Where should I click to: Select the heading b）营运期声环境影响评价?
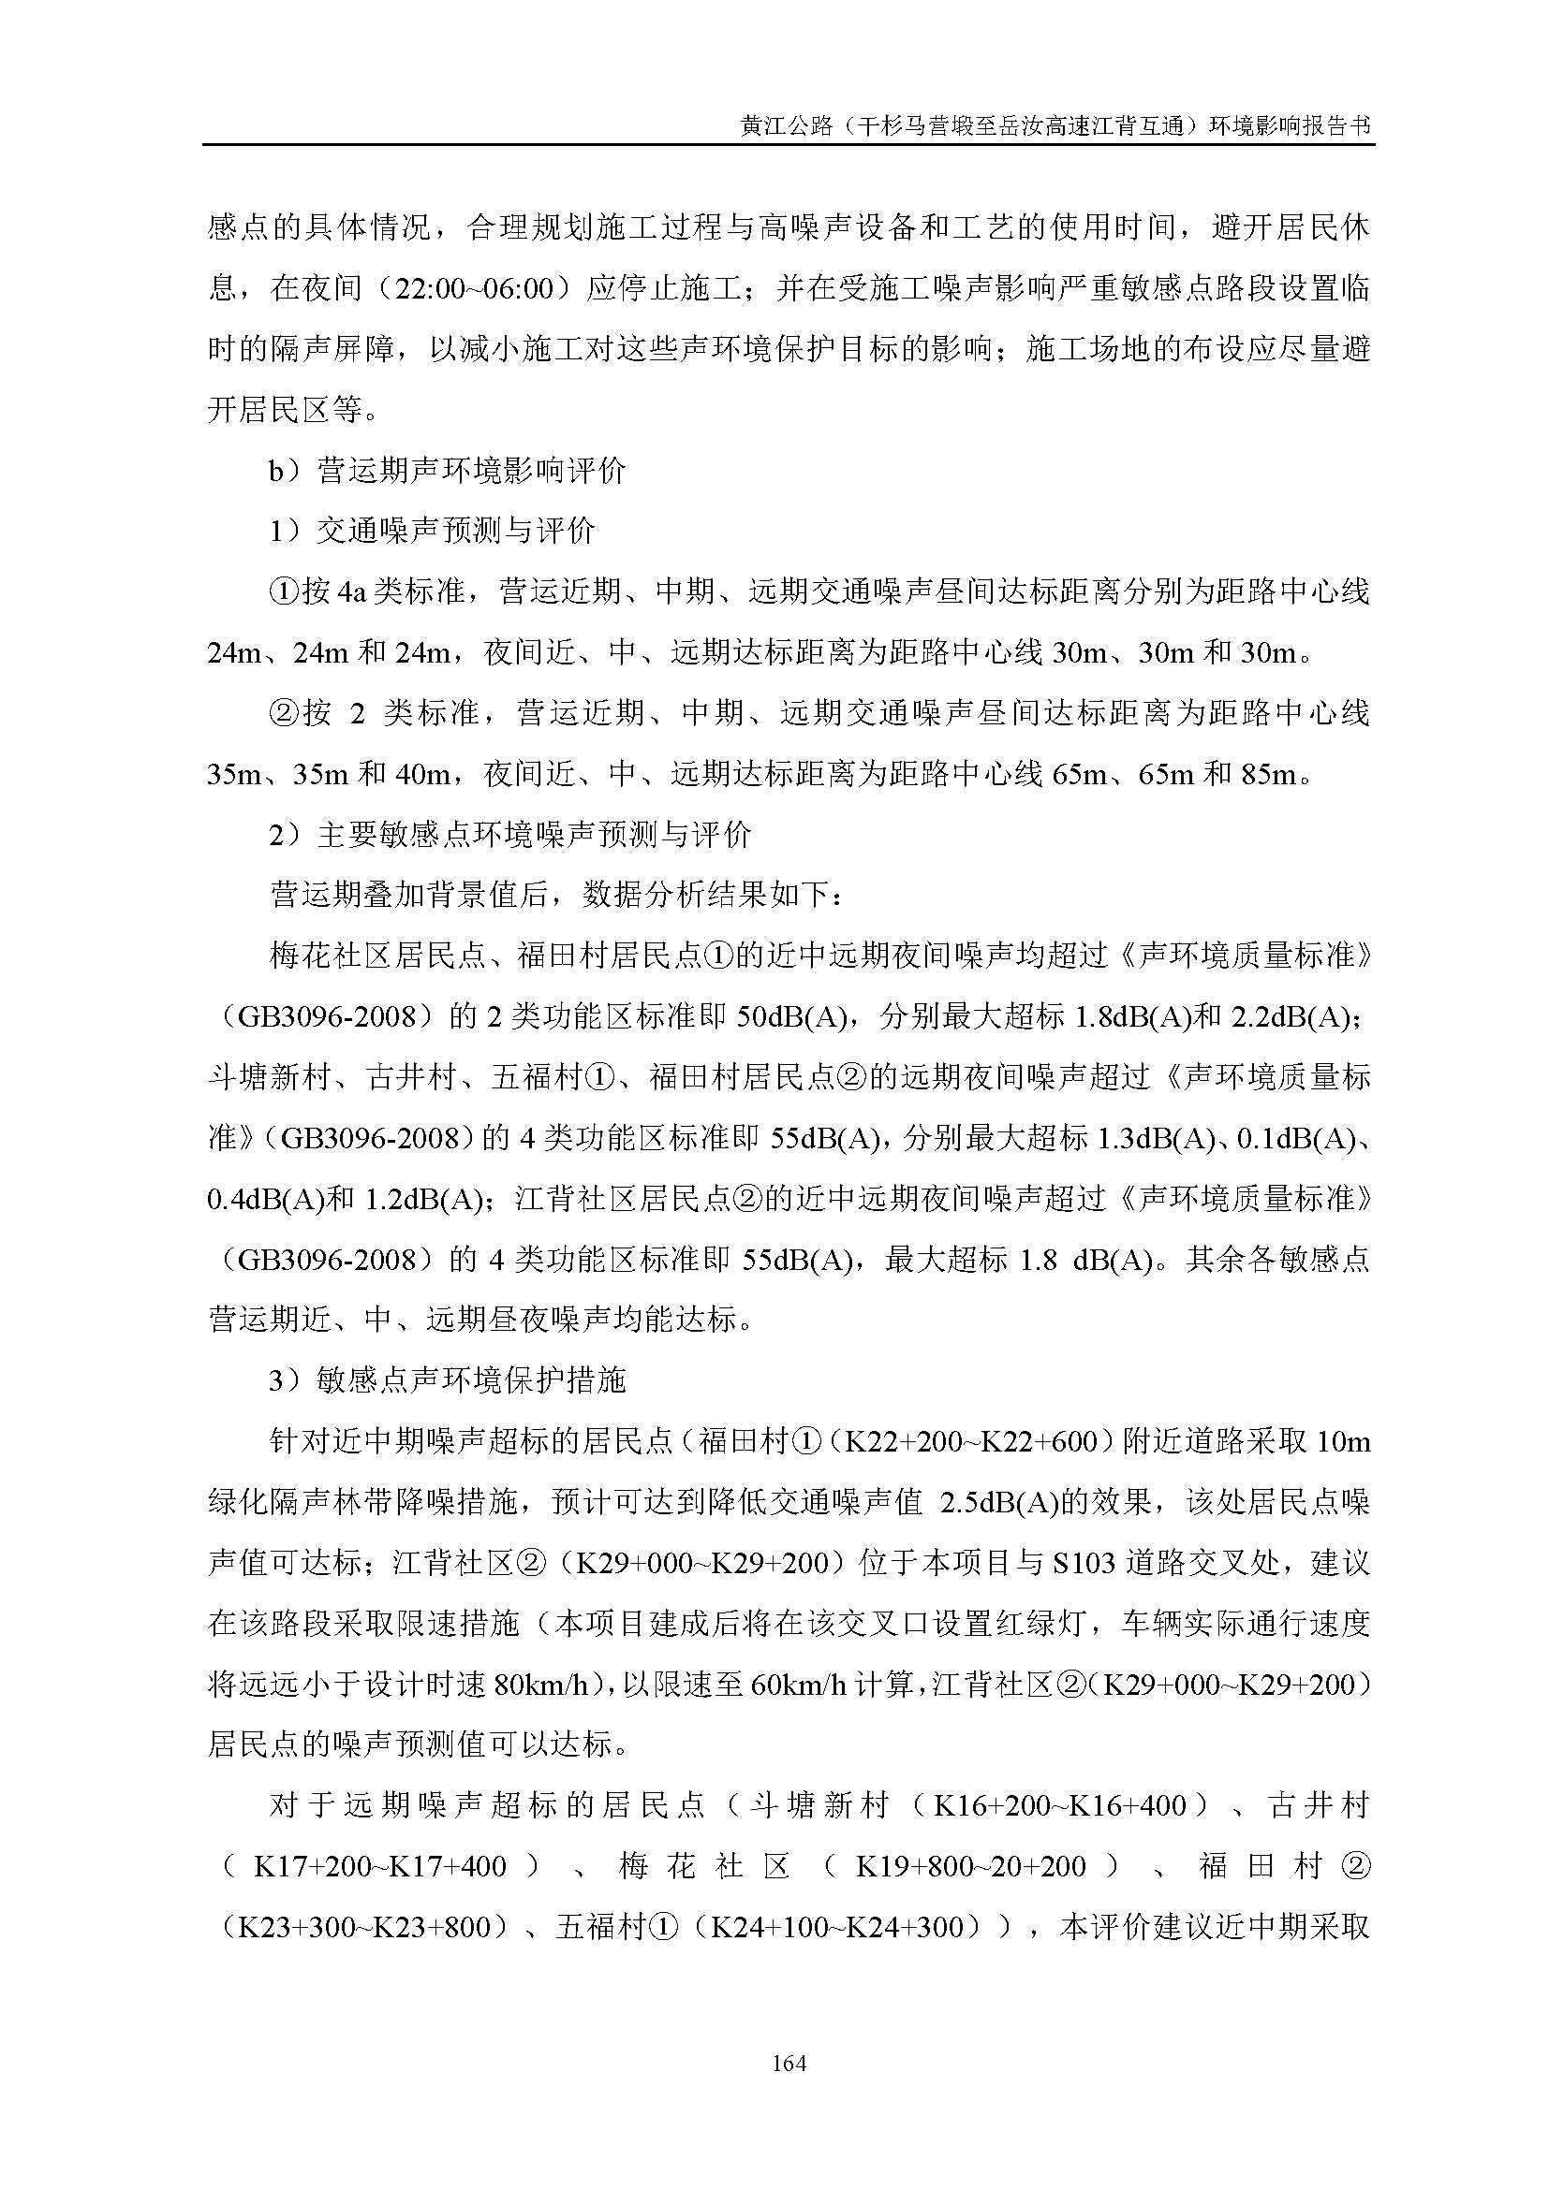[x=448, y=471]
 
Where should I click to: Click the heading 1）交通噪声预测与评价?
[x=432, y=531]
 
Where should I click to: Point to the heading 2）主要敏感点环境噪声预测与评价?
[x=510, y=836]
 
